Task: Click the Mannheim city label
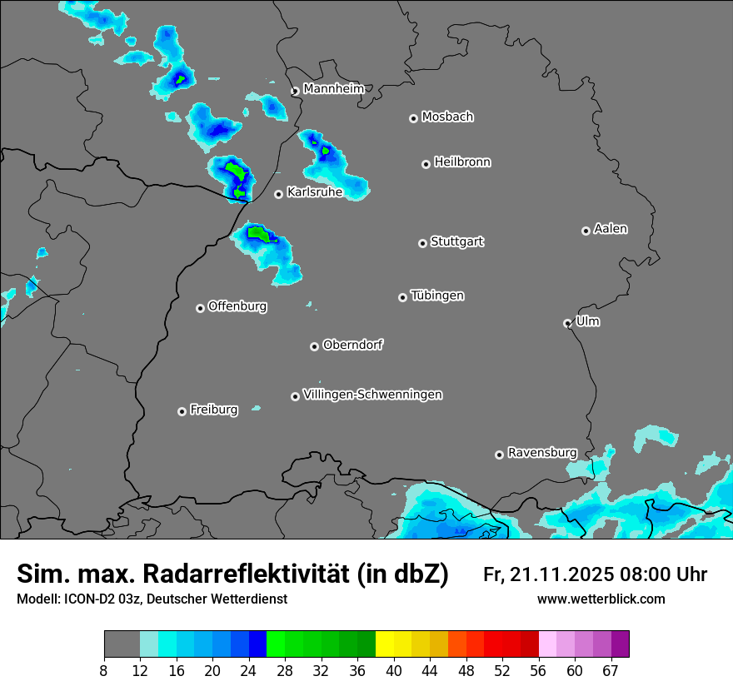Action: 333,88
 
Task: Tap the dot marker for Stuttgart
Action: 422,243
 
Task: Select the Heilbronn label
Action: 462,162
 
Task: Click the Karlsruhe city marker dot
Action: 279,194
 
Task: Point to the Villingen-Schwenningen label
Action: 372,395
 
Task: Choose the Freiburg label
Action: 213,410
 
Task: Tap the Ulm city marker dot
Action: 567,323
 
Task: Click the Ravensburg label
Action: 541,453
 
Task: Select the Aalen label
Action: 610,229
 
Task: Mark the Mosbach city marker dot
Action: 413,118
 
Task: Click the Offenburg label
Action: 237,306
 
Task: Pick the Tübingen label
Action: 437,296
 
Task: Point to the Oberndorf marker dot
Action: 314,346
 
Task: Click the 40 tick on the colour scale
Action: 394,669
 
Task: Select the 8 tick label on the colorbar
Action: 104,669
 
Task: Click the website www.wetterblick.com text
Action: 601,599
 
